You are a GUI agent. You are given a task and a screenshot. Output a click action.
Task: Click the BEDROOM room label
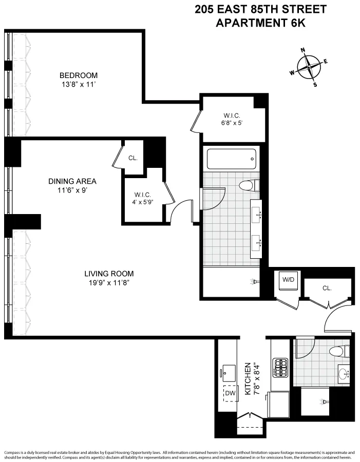click(78, 75)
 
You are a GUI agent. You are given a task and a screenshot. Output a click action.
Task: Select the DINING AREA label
click(72, 181)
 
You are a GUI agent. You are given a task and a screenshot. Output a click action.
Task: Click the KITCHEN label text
click(247, 379)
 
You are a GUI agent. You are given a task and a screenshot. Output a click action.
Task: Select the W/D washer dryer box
click(286, 280)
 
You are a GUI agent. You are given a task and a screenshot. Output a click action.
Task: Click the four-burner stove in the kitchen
click(280, 367)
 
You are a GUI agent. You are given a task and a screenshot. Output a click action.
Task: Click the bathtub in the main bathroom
click(231, 159)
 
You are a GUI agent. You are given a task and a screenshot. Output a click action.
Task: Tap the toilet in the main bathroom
click(249, 185)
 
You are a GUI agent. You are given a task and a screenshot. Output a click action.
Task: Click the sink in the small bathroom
click(344, 374)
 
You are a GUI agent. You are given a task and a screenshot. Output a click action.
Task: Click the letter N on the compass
click(303, 50)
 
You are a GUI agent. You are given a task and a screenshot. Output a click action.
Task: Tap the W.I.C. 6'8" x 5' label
click(232, 119)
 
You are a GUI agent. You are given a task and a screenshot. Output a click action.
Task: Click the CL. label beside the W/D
click(327, 288)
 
